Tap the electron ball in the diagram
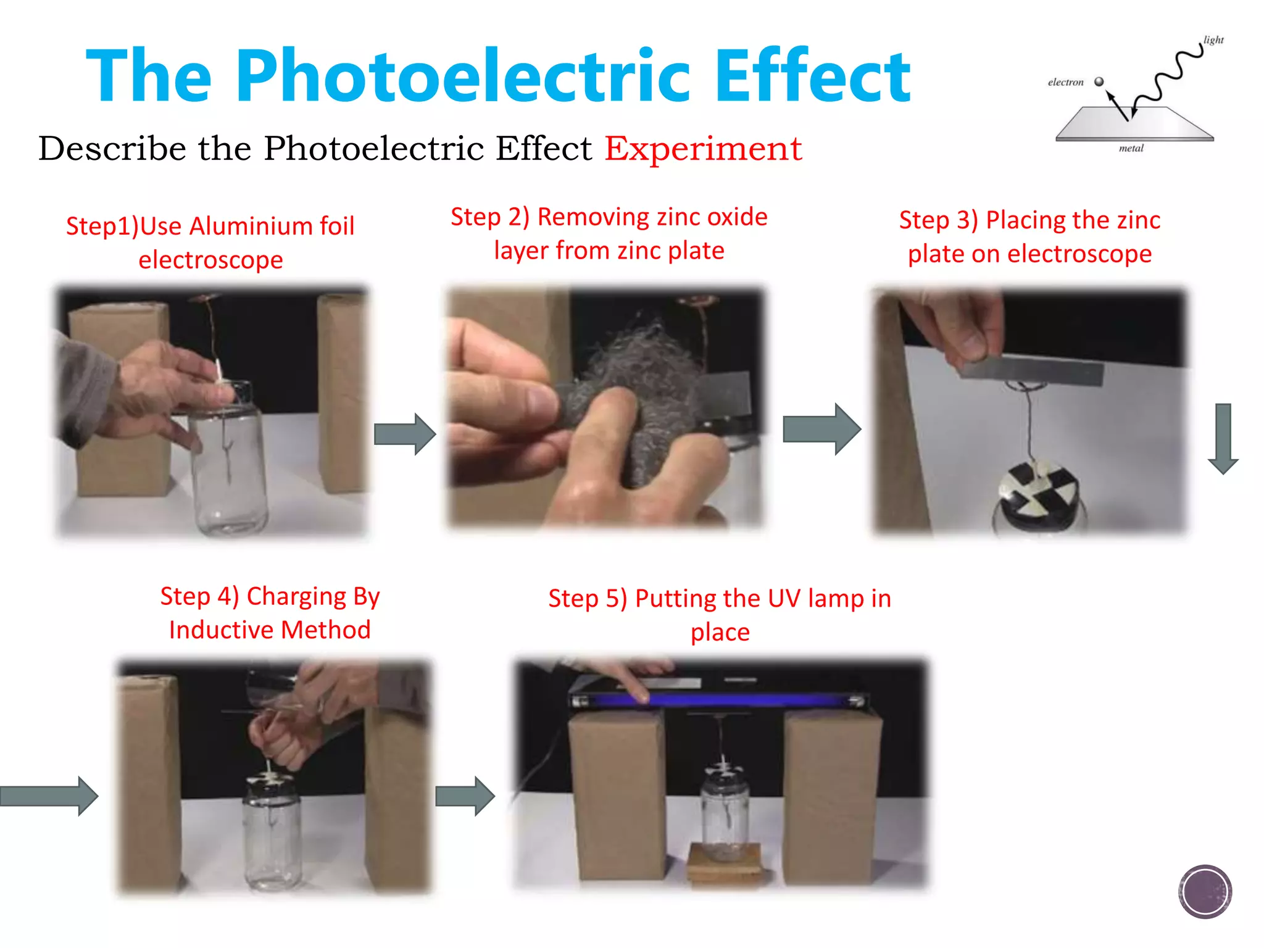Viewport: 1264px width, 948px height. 1099,81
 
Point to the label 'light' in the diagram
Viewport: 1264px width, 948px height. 1213,40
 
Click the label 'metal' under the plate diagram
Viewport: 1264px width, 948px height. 1131,148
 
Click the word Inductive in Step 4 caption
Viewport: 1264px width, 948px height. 220,630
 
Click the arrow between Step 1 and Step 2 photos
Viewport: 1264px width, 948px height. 405,434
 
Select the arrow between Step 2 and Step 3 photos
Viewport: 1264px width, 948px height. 821,429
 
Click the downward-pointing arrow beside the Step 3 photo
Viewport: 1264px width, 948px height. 1223,438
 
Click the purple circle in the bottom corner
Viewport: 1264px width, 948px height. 1204,891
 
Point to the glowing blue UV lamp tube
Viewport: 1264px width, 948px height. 716,700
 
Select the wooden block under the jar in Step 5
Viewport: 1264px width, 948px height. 725,864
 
